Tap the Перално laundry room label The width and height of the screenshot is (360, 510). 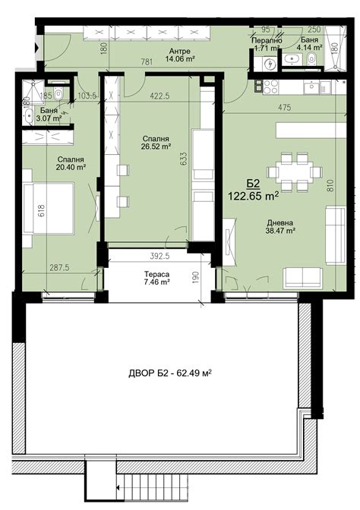(267, 41)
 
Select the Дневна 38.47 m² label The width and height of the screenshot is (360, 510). (280, 227)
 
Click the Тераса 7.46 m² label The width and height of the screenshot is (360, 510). (157, 278)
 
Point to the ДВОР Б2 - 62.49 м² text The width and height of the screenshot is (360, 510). (170, 373)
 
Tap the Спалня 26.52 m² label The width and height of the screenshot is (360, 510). (156, 143)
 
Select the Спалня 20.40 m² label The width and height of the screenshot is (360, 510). (71, 163)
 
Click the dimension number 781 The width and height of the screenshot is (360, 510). (147, 61)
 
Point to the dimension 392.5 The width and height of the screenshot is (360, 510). (159, 256)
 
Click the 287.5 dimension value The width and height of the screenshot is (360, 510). (59, 267)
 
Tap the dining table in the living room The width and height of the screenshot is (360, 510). (295, 172)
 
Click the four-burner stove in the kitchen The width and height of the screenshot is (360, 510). (270, 87)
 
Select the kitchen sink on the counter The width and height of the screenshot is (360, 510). (311, 87)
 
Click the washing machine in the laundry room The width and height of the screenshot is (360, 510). (270, 64)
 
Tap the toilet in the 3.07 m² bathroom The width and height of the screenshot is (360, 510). (58, 93)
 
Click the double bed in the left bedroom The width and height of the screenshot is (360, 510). (48, 208)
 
